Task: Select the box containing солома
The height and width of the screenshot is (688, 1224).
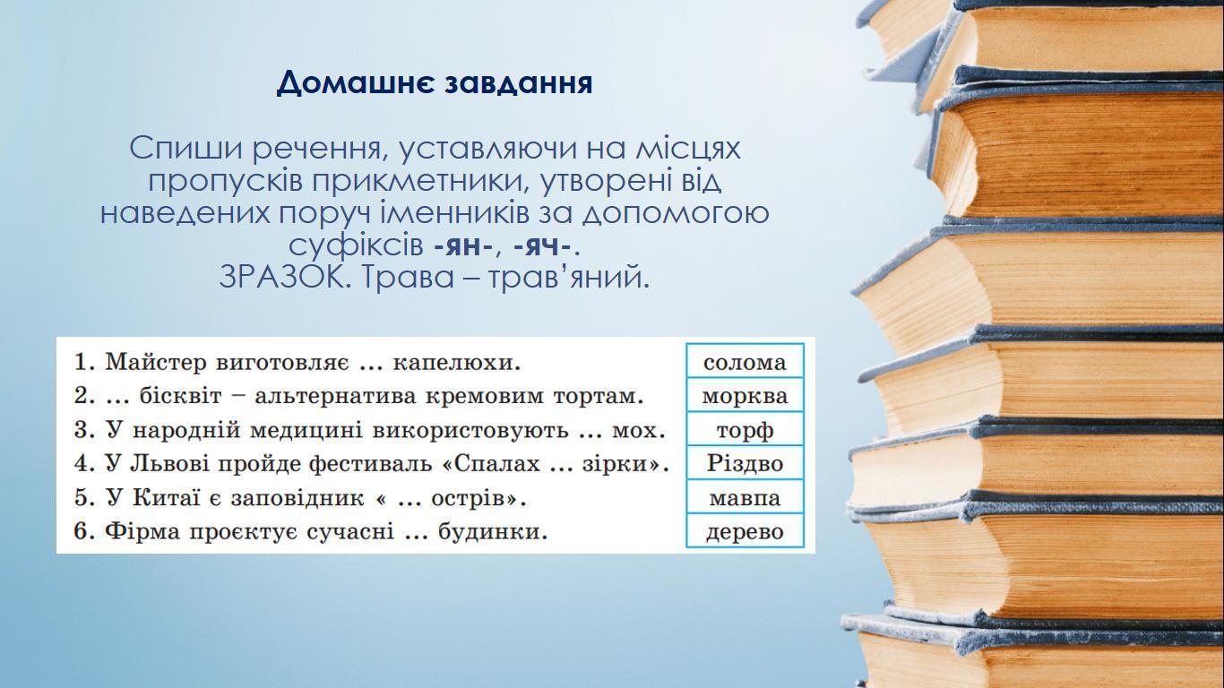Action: point(745,361)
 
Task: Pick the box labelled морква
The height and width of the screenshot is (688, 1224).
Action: point(745,395)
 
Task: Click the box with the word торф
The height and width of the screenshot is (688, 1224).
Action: point(745,429)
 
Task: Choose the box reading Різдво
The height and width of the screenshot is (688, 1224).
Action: point(745,463)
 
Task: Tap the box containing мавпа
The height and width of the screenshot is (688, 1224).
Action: point(745,496)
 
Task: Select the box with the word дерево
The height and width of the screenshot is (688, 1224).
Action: point(745,530)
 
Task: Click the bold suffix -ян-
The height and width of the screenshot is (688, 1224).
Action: point(464,247)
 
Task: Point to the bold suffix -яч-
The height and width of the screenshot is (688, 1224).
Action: point(544,247)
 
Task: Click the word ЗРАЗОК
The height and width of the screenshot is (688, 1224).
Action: point(282,278)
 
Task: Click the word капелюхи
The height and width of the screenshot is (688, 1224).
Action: point(457,362)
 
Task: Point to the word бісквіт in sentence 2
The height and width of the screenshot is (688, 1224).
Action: point(181,396)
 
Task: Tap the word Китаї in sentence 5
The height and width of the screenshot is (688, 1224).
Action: point(167,497)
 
